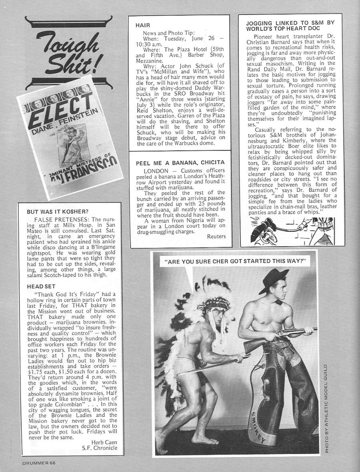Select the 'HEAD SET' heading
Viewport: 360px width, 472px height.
point(41,286)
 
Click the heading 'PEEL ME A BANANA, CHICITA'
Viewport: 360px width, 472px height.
point(180,162)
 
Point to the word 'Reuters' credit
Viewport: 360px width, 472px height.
point(216,236)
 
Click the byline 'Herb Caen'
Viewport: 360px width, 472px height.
point(103,442)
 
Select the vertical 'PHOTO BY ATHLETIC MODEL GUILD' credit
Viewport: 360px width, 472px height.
point(326,408)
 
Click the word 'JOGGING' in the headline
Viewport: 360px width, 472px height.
point(260,23)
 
